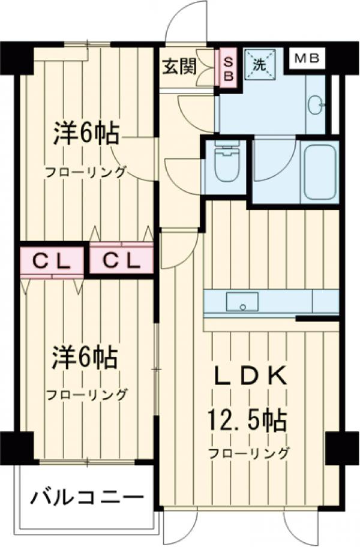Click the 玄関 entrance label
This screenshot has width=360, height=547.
(179, 66)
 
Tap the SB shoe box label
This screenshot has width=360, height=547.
(228, 67)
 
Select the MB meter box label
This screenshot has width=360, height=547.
(308, 59)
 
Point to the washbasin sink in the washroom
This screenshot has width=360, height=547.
(316, 106)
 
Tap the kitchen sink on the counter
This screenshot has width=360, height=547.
(242, 301)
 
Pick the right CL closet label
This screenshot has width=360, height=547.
(120, 260)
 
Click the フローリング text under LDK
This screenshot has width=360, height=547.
(248, 453)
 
